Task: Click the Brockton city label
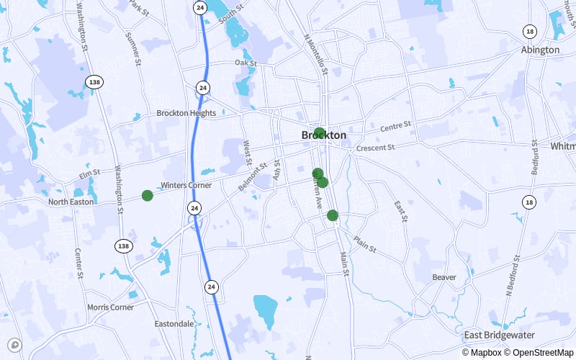click(324, 135)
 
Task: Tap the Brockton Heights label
click(186, 113)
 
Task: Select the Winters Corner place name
click(186, 185)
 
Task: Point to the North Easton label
click(71, 202)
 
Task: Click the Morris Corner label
click(110, 307)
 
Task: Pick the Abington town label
click(540, 50)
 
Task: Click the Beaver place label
click(444, 277)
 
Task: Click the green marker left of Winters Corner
click(148, 195)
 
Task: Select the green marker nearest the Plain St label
click(333, 215)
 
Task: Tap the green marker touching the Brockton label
click(319, 132)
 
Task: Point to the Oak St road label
click(246, 63)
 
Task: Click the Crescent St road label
click(376, 148)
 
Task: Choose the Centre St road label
click(395, 126)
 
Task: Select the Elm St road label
click(89, 174)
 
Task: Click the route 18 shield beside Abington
click(530, 31)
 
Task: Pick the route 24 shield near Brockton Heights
click(204, 88)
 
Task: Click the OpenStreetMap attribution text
click(540, 353)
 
